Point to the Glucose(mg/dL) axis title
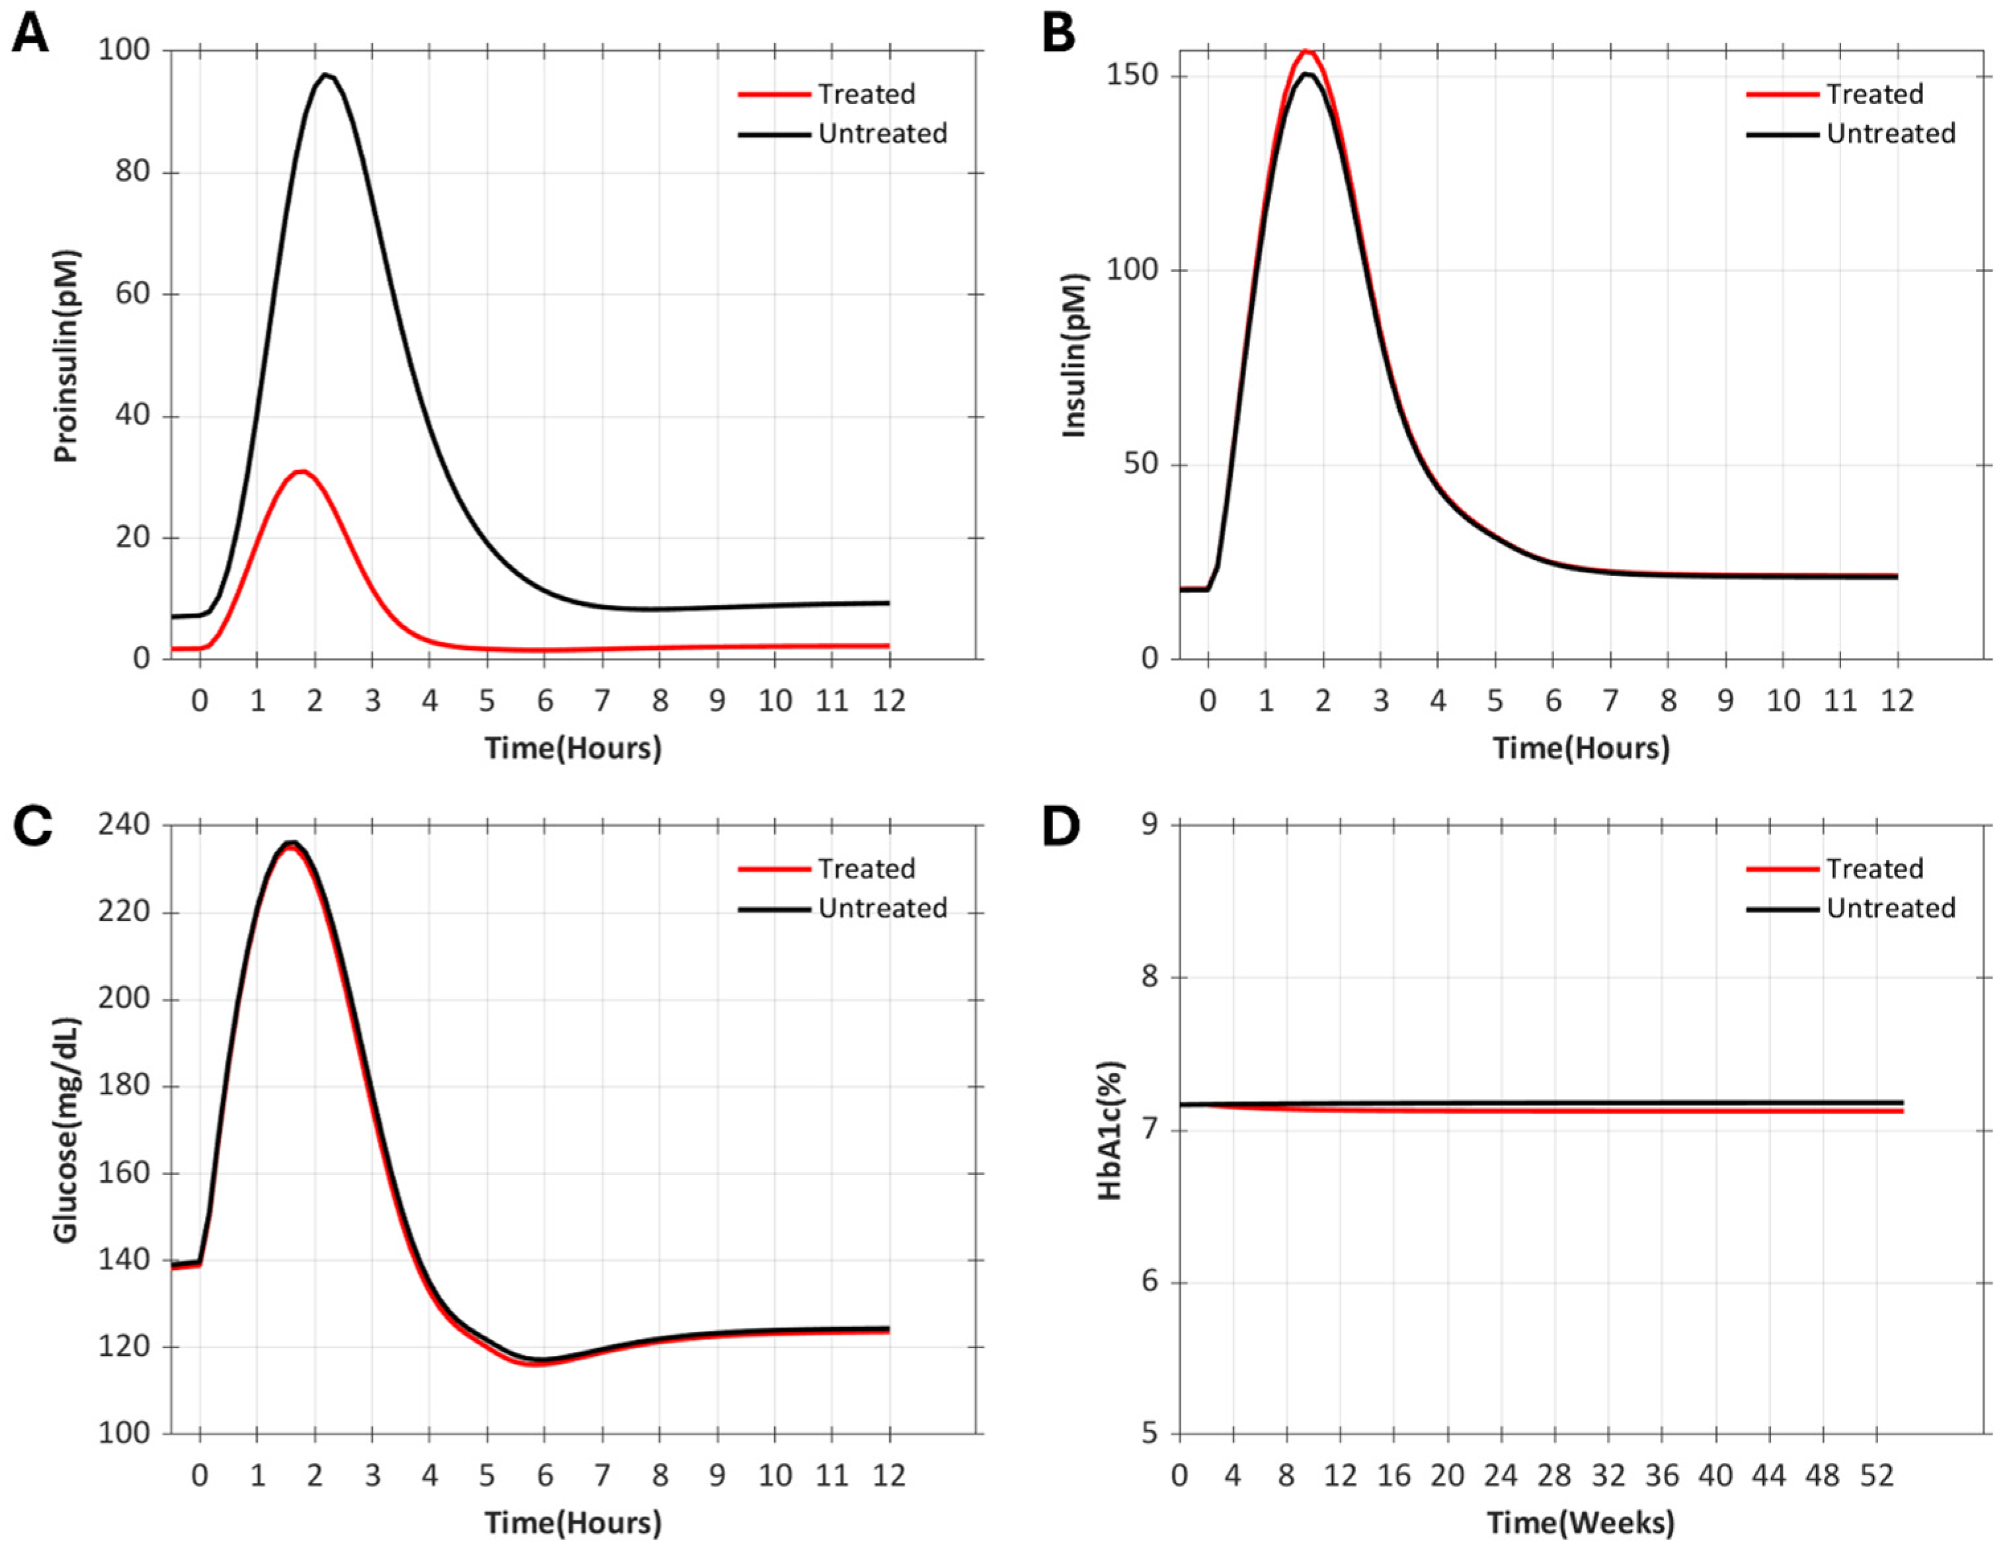pos(66,1130)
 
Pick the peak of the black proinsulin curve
pos(325,75)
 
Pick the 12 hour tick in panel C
pos(888,1476)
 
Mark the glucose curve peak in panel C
pos(292,843)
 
